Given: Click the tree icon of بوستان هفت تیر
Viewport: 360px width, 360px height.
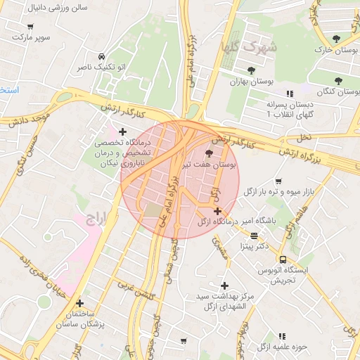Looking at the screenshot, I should click(x=208, y=154).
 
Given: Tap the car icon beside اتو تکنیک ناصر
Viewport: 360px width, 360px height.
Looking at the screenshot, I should click(x=102, y=56).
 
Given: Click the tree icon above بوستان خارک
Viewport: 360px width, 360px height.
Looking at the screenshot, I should click(x=334, y=39).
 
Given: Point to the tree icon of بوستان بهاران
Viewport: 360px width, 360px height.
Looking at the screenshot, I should click(x=251, y=70).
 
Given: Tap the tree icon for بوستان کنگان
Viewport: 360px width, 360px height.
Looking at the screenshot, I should click(x=339, y=81).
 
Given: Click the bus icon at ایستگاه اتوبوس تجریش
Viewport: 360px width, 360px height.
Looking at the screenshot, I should click(x=282, y=259).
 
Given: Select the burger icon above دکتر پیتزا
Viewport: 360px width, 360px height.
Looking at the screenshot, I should click(x=253, y=236).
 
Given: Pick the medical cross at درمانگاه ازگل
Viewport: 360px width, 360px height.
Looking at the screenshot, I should click(x=217, y=211).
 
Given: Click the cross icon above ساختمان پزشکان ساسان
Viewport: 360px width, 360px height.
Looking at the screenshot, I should click(x=80, y=303).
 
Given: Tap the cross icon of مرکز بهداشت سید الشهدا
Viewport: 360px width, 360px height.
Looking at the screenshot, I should click(x=224, y=285).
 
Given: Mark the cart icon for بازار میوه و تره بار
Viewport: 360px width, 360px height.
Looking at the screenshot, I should click(x=279, y=181).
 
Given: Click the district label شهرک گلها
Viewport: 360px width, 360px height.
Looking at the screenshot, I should click(x=259, y=46).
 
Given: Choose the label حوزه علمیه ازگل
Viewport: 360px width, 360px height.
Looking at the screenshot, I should click(x=283, y=347).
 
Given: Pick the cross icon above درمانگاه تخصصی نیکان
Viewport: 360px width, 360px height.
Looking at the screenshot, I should click(x=123, y=131).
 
